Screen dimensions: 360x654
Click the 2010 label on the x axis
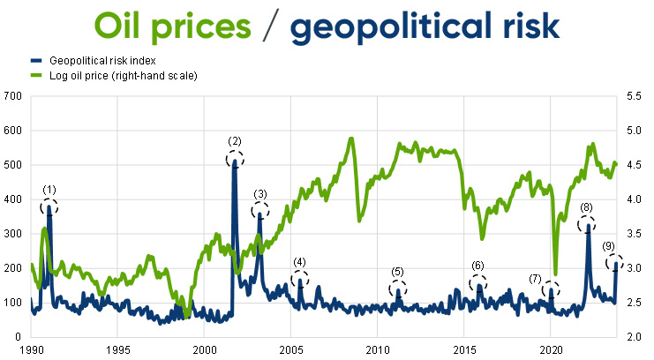[x=377, y=349]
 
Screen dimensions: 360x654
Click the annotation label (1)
[x=49, y=190]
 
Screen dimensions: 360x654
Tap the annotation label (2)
[x=234, y=141]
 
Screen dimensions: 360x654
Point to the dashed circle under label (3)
[x=260, y=210]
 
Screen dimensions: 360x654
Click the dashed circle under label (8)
[x=587, y=223]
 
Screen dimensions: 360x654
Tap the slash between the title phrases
[x=272, y=26]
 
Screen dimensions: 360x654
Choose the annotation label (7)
[x=537, y=279]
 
